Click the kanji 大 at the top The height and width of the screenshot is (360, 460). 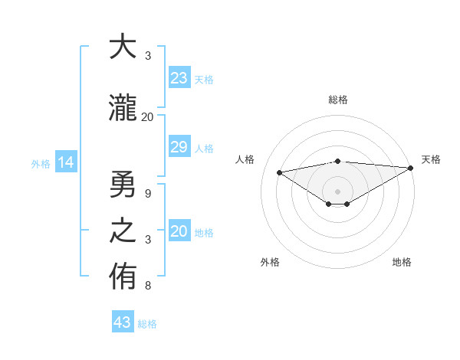(x=122, y=47)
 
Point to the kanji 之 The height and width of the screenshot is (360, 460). (x=122, y=232)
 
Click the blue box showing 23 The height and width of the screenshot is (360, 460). (x=179, y=78)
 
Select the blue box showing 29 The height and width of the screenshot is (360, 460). (x=179, y=147)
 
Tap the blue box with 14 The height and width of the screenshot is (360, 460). (x=65, y=162)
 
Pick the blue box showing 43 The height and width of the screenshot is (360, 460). (x=123, y=322)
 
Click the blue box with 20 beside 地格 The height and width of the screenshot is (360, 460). (x=179, y=232)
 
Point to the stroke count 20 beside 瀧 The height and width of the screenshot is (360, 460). (x=147, y=117)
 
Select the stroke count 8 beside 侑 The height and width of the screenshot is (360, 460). (x=147, y=286)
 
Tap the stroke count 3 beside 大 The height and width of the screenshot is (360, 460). (x=147, y=56)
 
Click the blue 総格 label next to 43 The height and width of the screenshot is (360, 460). (x=147, y=324)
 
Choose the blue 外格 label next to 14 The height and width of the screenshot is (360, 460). (x=41, y=163)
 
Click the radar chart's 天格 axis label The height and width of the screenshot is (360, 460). (x=431, y=159)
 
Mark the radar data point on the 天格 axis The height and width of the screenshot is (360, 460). (x=411, y=168)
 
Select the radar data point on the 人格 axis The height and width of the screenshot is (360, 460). (x=279, y=172)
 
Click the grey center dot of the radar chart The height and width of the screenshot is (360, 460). (x=337, y=191)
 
